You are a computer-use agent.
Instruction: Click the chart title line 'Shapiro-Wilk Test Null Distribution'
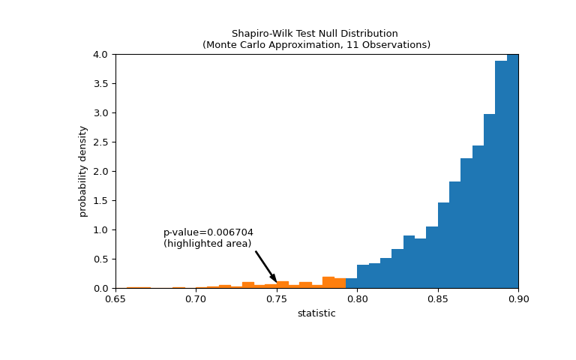314,34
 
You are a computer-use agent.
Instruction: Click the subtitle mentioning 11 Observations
316,45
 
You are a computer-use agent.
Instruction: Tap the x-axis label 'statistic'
316,313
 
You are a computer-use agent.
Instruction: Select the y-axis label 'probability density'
83,171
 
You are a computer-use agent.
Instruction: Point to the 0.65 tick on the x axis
115,299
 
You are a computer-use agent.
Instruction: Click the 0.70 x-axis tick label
196,299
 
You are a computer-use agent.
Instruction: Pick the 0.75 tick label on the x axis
277,299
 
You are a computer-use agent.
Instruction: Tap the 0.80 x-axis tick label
357,299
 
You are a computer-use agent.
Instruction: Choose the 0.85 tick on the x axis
438,299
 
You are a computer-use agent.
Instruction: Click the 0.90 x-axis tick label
518,299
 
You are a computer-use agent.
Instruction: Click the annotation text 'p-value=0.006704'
208,232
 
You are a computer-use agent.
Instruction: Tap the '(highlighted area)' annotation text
207,244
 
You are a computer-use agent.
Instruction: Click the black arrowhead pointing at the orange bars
274,277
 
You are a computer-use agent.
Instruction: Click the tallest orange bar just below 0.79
328,283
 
